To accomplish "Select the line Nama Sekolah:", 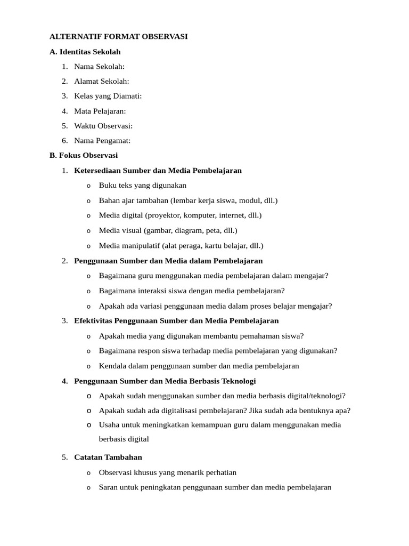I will click(x=99, y=67).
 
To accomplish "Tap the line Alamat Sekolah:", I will click(x=102, y=82).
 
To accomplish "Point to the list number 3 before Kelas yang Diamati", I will click(x=64, y=97).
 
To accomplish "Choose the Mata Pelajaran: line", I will click(x=100, y=111).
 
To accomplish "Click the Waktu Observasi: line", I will click(x=103, y=126).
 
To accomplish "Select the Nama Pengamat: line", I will click(x=102, y=141).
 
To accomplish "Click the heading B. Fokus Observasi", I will click(x=83, y=156).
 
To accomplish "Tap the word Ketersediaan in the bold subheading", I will click(x=97, y=171).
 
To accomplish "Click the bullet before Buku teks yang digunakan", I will click(x=88, y=186).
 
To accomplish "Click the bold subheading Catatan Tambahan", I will click(x=108, y=457).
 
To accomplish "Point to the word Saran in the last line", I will click(x=109, y=487).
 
